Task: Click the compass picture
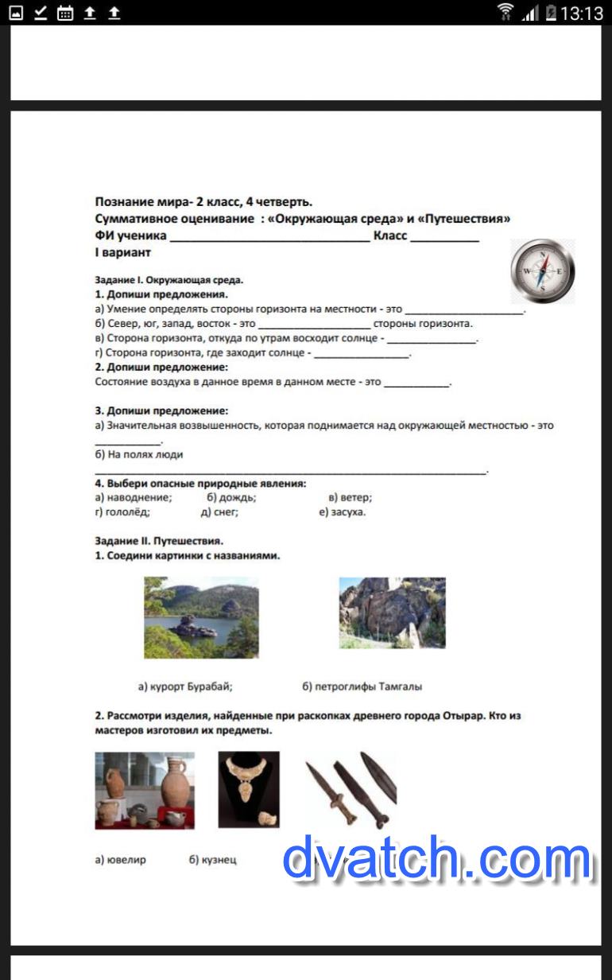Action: coord(542,271)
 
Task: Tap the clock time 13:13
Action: coord(582,13)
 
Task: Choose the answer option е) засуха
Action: coord(343,512)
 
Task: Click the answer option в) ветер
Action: coord(351,497)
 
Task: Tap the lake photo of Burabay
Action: coord(201,617)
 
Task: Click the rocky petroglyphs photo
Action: coord(392,612)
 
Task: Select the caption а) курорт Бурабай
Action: coord(185,686)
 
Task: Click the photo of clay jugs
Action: coord(145,790)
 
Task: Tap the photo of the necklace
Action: coord(249,789)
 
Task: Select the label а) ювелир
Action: coord(120,860)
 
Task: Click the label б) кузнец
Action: coord(213,860)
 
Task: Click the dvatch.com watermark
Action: coord(437,859)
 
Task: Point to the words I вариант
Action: coord(123,253)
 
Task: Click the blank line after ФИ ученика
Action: coord(269,236)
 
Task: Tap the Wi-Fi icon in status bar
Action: coord(505,13)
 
